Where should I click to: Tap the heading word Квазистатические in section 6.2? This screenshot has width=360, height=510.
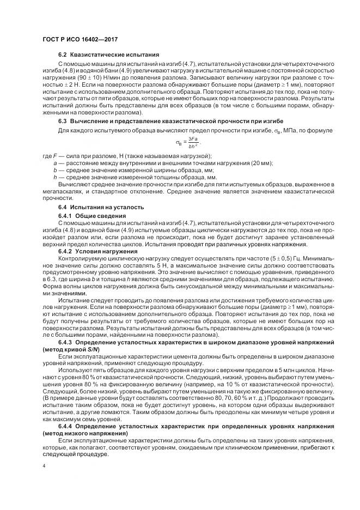point(98,55)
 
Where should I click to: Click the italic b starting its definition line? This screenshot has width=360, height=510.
point(55,171)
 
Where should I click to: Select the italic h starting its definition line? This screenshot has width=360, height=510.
point(55,178)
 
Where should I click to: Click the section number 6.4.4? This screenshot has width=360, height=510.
point(68,426)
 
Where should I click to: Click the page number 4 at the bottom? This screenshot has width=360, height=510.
point(44,466)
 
